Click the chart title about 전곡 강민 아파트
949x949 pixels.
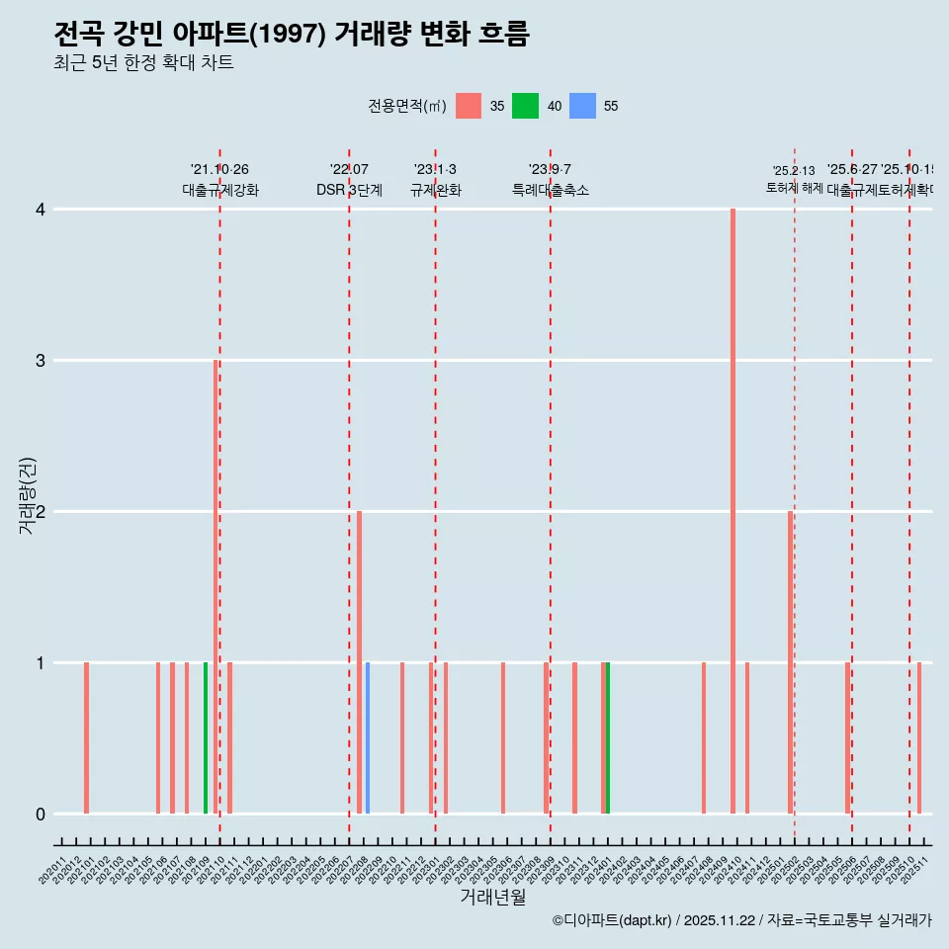coord(292,35)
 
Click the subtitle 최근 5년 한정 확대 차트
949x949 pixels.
coord(143,64)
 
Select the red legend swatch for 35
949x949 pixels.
coord(469,106)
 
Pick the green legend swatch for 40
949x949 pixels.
coord(525,106)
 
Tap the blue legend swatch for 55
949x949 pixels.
coord(583,106)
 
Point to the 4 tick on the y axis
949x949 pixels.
coord(41,210)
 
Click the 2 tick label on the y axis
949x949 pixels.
coord(41,512)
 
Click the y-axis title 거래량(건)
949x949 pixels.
coord(28,494)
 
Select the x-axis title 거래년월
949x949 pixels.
coord(492,897)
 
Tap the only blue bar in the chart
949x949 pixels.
coord(368,737)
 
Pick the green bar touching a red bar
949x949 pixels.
coord(608,737)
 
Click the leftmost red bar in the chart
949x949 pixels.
coord(86,737)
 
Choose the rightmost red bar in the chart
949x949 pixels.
coord(919,737)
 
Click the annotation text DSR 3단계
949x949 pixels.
coord(349,190)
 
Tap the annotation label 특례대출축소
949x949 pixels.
coord(550,190)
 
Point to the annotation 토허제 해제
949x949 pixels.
coord(794,187)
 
